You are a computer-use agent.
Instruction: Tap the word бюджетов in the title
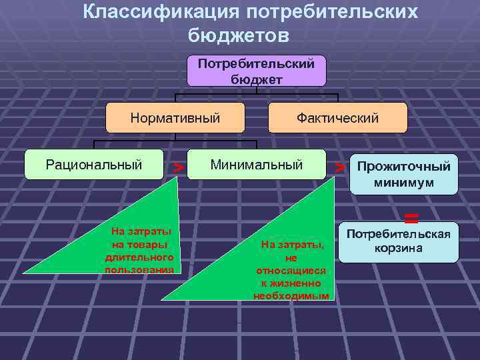pyautogui.click(x=239, y=33)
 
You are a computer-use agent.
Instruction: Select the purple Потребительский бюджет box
pyautogui.click(x=257, y=71)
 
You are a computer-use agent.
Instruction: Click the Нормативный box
pyautogui.click(x=175, y=118)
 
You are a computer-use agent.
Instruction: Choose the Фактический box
pyautogui.click(x=337, y=118)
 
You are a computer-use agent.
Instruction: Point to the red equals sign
pyautogui.click(x=411, y=216)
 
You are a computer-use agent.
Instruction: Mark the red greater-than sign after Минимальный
pyautogui.click(x=339, y=166)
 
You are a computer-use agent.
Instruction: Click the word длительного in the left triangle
pyautogui.click(x=139, y=257)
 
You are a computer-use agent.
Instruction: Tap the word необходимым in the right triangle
pyautogui.click(x=291, y=295)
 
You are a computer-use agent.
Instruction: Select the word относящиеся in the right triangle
pyautogui.click(x=291, y=271)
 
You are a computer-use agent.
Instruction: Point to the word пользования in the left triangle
pyautogui.click(x=139, y=269)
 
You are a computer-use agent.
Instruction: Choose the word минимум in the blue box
pyautogui.click(x=404, y=182)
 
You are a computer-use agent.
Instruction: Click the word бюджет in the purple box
pyautogui.click(x=257, y=78)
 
